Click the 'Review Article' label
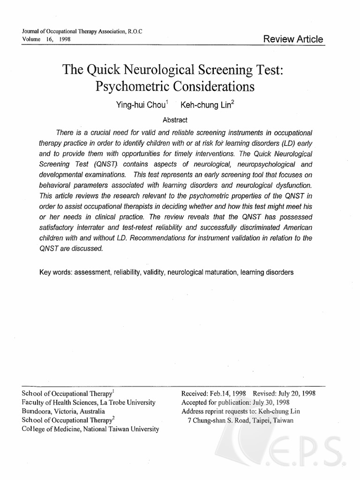pos(293,39)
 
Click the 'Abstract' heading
pos(175,120)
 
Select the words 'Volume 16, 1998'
pos(46,39)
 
